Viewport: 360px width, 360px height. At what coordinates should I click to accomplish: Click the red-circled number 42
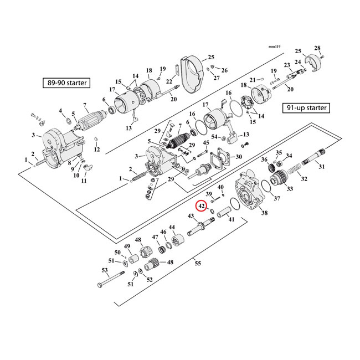tap(202, 206)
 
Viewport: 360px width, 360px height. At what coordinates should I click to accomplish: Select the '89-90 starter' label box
tap(67, 83)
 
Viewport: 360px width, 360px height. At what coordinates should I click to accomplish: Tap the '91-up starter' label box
tap(306, 107)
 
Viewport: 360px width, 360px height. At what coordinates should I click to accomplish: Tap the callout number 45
tap(205, 143)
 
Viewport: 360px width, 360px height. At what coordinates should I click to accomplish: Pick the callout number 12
tap(96, 149)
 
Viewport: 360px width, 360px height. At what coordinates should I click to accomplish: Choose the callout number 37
tap(276, 198)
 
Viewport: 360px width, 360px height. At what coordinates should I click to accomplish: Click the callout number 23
tap(287, 65)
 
